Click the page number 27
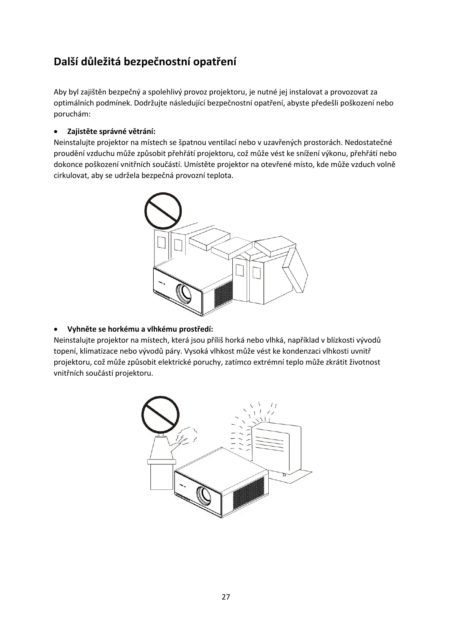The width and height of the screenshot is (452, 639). (226, 597)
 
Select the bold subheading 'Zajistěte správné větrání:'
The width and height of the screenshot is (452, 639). (111, 131)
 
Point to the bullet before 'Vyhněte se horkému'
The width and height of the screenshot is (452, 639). (57, 329)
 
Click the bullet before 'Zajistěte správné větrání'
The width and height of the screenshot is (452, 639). (57, 132)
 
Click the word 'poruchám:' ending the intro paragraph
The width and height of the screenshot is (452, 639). (72, 114)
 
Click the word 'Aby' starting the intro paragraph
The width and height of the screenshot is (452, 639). (60, 92)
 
